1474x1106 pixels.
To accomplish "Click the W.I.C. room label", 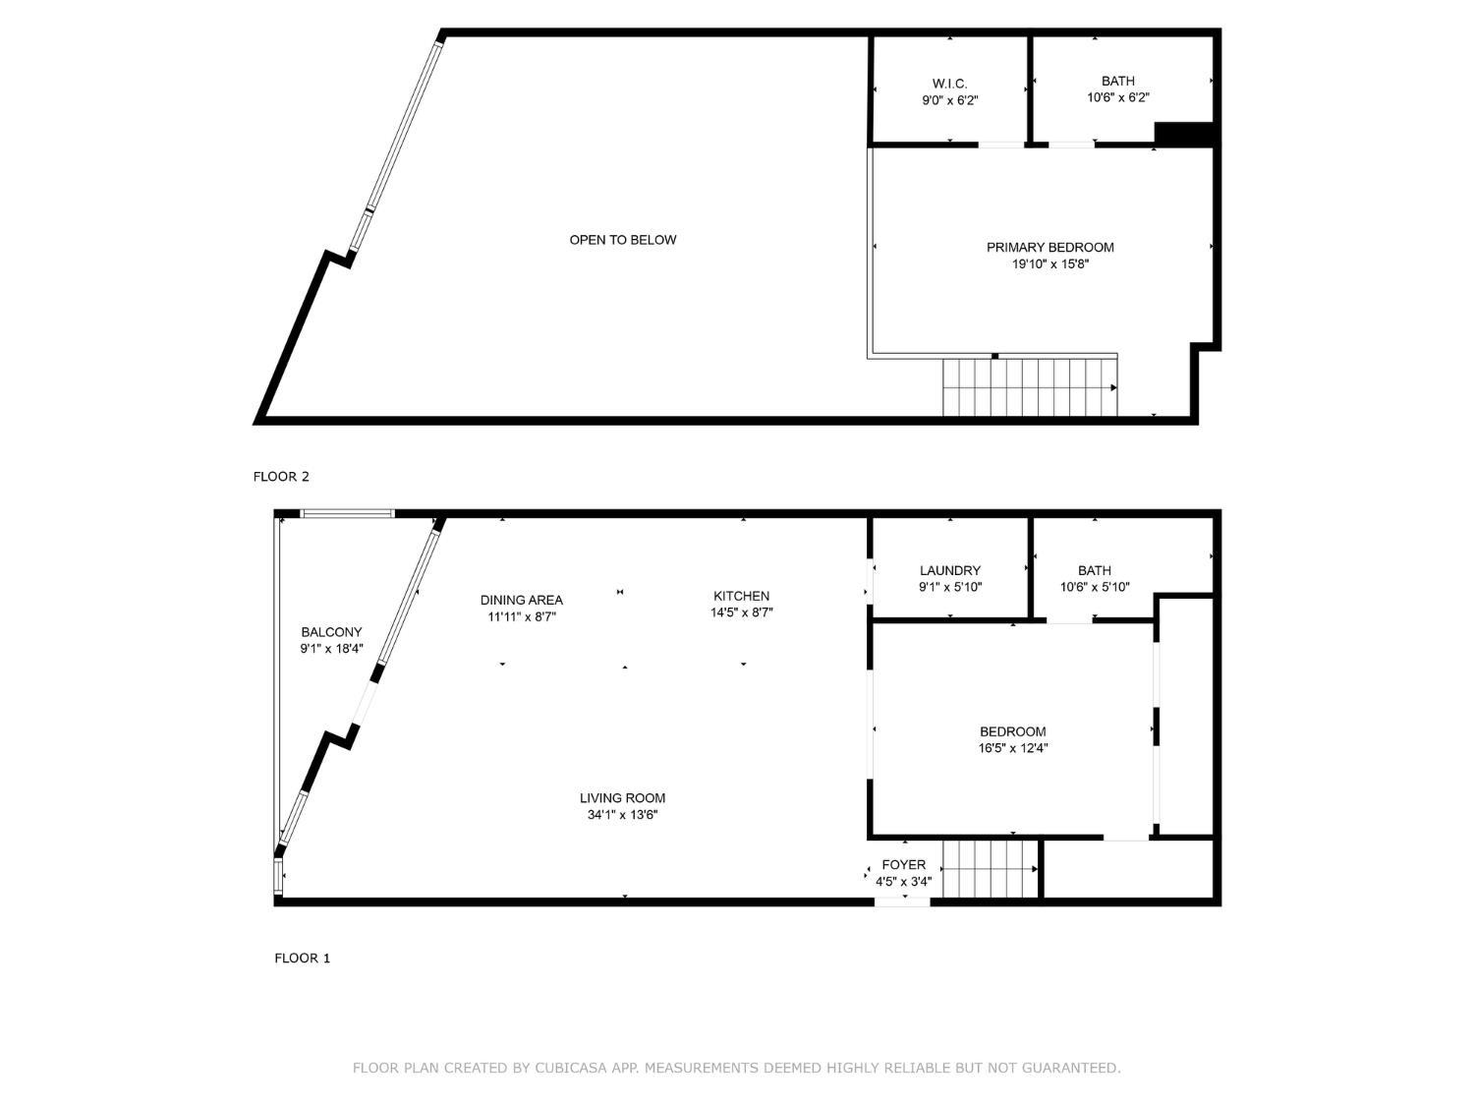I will click(x=949, y=84).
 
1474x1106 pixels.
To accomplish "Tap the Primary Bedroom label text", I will click(x=1049, y=247).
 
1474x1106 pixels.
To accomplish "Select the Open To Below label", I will click(x=623, y=240).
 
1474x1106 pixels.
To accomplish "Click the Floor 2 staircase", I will click(x=1029, y=387).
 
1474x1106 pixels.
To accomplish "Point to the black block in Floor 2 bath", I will click(x=1183, y=135).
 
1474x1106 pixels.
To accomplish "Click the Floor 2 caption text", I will click(x=281, y=477).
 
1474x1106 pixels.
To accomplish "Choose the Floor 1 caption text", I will click(x=302, y=958).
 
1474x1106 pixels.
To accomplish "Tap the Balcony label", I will click(x=331, y=632).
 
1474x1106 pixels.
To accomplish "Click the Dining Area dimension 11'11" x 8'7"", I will click(x=522, y=617).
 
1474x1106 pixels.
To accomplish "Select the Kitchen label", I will click(x=741, y=596).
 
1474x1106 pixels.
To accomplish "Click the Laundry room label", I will click(x=949, y=570).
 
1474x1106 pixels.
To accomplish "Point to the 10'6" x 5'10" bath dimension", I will click(x=1094, y=587).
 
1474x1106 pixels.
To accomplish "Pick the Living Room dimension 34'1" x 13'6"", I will click(x=622, y=815).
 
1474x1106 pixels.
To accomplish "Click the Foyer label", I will click(x=903, y=865).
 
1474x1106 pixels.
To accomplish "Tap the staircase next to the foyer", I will click(x=989, y=869).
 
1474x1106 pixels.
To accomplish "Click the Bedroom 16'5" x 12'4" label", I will click(x=1012, y=731).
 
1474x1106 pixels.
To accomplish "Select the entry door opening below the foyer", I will click(x=901, y=901).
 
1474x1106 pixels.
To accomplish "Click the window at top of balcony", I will click(x=347, y=513).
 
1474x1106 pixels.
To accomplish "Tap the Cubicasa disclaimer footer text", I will click(x=736, y=1068).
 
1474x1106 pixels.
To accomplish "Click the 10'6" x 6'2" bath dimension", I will click(x=1117, y=97).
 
